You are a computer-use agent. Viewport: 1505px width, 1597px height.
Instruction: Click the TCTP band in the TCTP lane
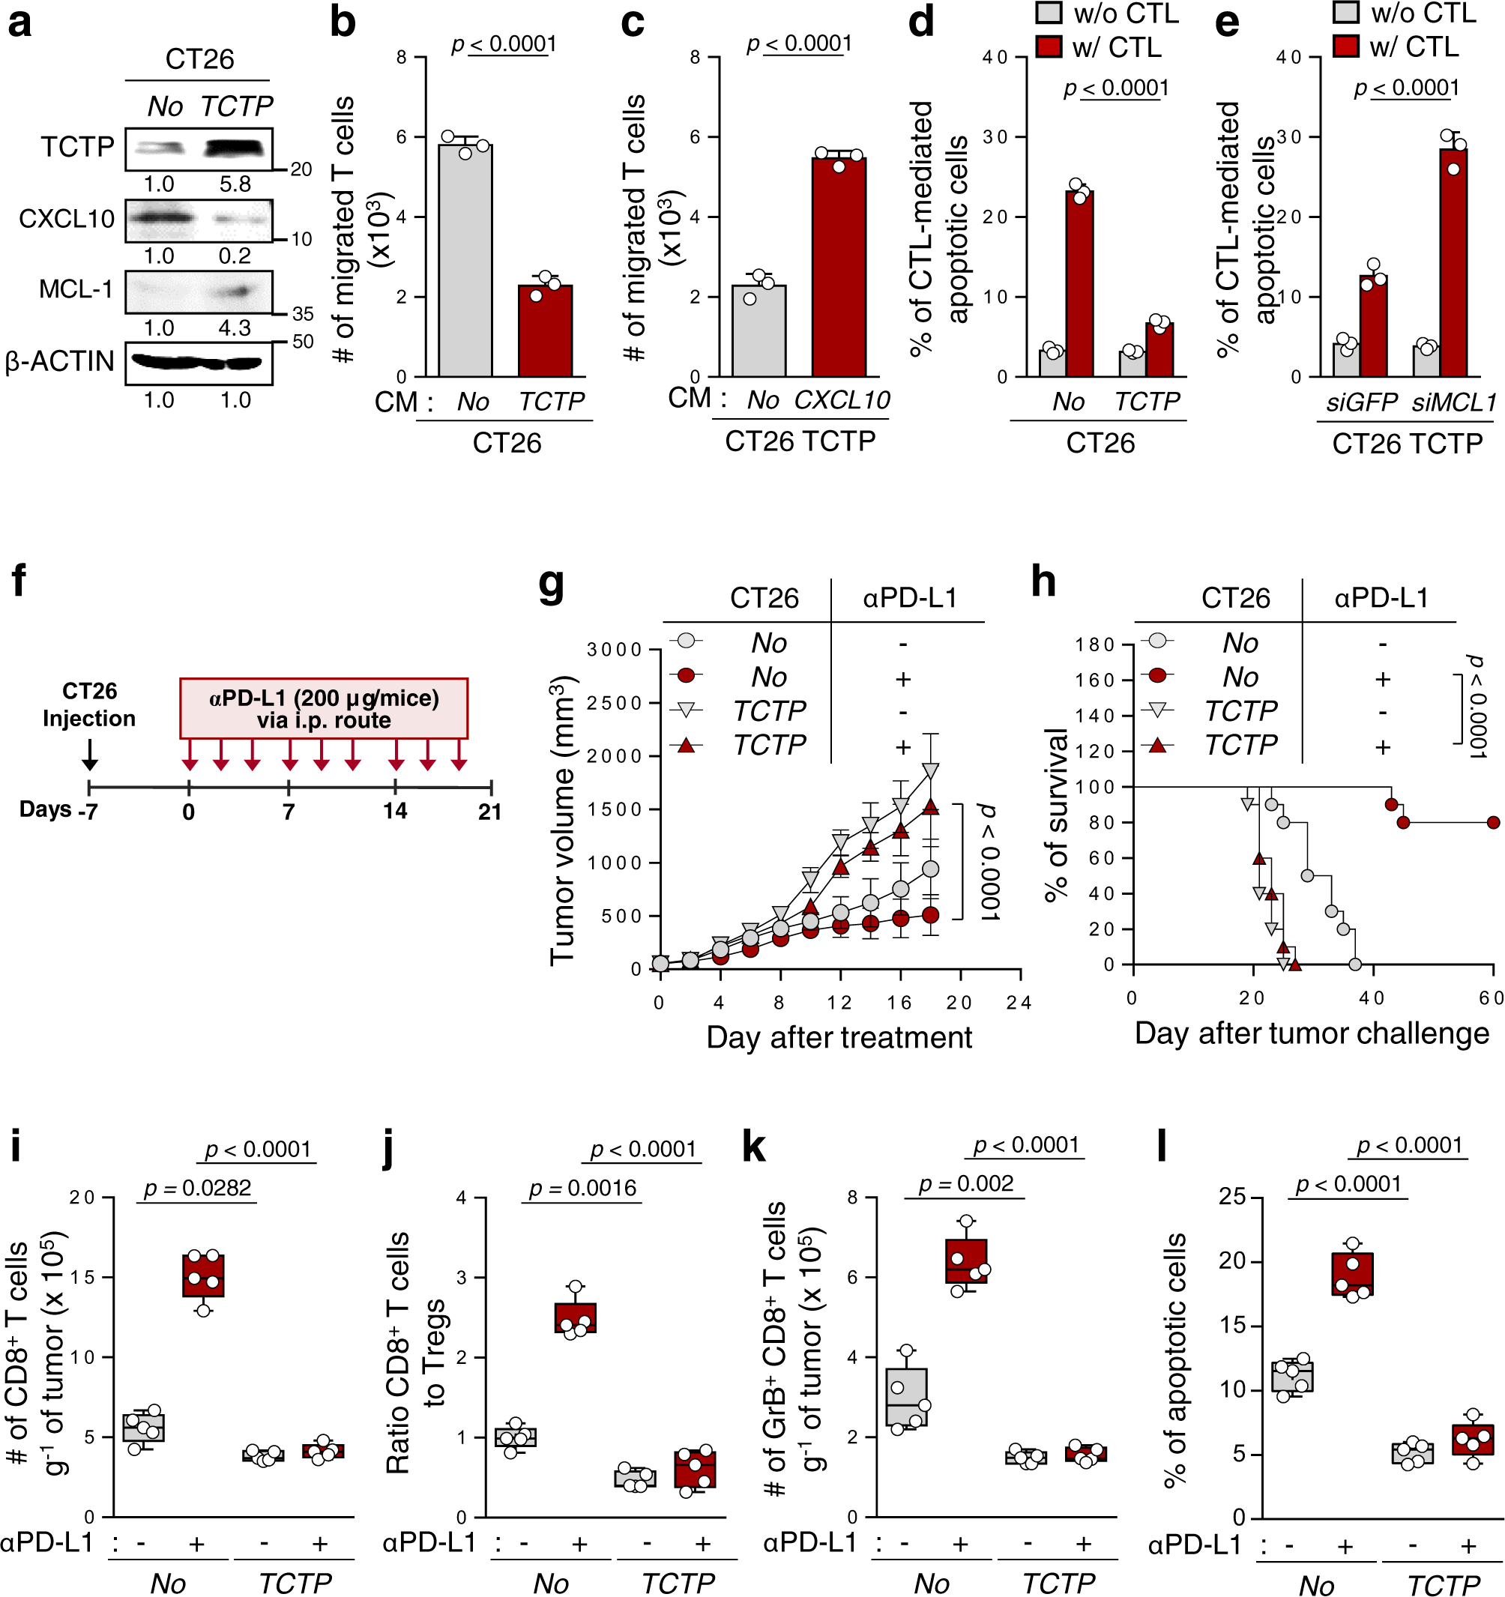tap(235, 148)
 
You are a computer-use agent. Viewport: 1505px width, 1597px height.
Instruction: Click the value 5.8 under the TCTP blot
tap(235, 184)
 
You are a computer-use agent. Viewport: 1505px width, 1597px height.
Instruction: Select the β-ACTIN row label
tap(59, 361)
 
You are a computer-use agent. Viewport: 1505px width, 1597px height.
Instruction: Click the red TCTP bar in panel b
tap(545, 330)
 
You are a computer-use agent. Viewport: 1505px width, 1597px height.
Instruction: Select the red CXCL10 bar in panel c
tap(838, 267)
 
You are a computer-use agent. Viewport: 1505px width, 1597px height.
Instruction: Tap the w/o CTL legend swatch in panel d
tap(1048, 13)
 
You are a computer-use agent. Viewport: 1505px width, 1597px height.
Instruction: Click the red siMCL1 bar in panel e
tap(1453, 262)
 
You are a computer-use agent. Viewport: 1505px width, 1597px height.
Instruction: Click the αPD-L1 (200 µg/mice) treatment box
tap(324, 707)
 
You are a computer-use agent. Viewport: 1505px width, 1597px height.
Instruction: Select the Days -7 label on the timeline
tap(58, 810)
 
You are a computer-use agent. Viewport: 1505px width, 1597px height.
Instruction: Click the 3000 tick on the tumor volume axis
tap(615, 649)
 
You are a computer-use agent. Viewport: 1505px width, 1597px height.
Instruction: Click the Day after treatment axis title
tap(839, 1037)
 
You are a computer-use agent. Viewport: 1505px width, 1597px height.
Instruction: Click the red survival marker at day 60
tap(1492, 822)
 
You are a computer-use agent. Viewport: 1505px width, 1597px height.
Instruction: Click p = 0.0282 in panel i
tap(198, 1187)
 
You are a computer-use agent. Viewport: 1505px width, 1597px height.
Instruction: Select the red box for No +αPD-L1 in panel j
tap(575, 1317)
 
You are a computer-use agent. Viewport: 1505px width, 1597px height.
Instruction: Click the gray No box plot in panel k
tap(906, 1397)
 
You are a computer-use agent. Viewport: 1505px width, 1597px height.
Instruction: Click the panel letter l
tap(1162, 1147)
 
